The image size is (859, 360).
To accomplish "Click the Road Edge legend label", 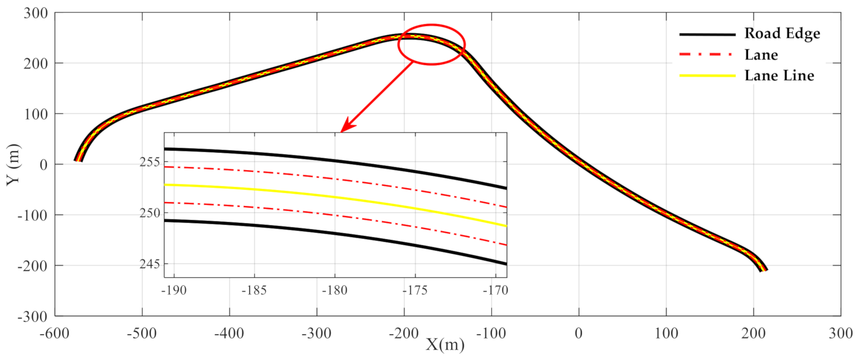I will [782, 33].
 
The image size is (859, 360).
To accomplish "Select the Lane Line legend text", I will [779, 76].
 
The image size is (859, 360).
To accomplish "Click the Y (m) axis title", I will [13, 164].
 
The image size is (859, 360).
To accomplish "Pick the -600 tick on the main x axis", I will [55, 333].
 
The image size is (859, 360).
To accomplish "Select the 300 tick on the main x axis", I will [841, 333].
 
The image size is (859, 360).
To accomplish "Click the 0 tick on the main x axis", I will [579, 333].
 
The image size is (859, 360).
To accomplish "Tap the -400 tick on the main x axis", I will [229, 333].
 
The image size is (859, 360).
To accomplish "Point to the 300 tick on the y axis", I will [36, 13].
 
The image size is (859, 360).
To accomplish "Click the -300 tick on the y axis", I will [32, 316].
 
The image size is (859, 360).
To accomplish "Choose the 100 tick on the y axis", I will [36, 114].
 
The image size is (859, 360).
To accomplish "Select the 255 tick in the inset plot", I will [150, 162].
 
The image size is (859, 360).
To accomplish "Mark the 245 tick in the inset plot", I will [150, 264].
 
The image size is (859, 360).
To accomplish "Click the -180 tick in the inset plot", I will [335, 290].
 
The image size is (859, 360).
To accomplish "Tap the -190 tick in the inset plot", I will [174, 290].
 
